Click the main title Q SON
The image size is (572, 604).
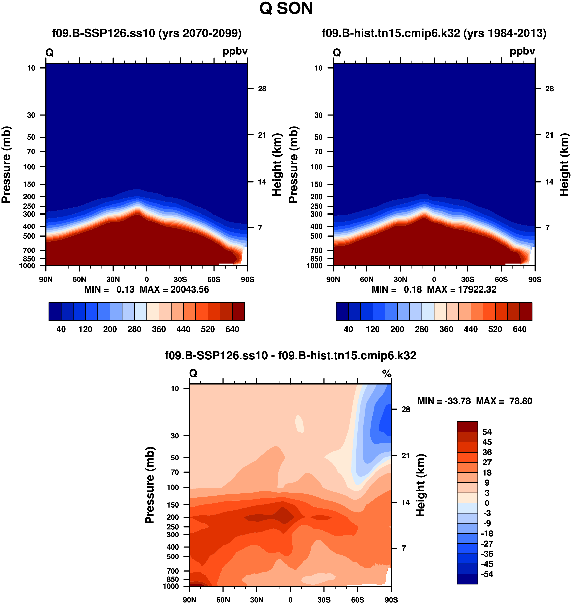point(286,9)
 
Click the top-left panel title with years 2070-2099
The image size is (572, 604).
point(147,33)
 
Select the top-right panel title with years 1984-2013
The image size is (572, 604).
point(434,33)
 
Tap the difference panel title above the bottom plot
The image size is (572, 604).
point(290,355)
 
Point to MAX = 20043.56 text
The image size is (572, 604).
point(174,289)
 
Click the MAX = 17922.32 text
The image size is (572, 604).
point(462,289)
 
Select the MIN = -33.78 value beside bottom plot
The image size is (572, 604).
point(444,401)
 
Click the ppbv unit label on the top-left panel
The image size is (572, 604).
point(235,51)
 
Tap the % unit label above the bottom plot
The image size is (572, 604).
point(387,373)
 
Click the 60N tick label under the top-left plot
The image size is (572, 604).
point(79,279)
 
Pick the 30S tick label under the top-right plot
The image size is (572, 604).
point(467,279)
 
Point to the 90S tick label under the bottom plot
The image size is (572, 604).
point(391,600)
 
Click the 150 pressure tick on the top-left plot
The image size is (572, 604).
point(29,184)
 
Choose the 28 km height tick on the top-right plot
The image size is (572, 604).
point(549,89)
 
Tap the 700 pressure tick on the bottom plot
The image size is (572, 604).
point(173,571)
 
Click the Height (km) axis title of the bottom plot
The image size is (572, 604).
point(420,485)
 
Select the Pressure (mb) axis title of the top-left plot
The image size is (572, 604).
point(6,165)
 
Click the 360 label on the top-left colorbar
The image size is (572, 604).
point(159,329)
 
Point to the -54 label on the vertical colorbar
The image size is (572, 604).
point(487,574)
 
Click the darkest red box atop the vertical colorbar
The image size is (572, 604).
point(467,426)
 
